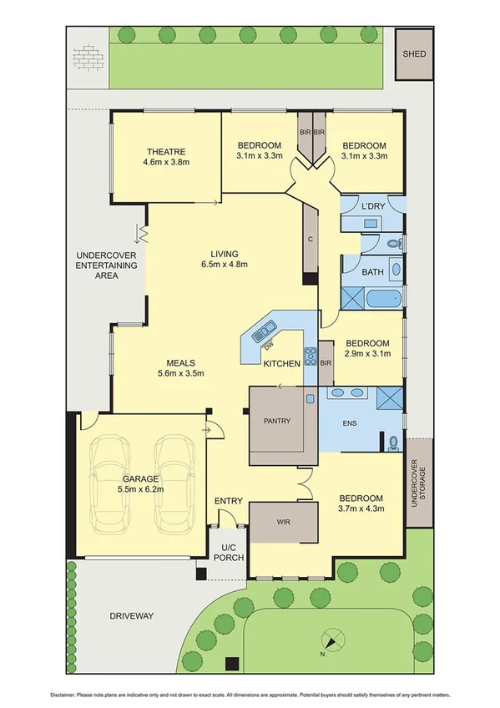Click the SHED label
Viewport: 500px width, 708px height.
pos(415,54)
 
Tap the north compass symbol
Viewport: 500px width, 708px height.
pos(332,643)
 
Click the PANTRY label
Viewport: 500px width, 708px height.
pos(276,421)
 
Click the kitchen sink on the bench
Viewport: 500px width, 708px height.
pos(268,327)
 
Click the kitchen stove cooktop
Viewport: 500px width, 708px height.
pos(311,356)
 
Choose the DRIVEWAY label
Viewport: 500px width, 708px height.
pos(132,615)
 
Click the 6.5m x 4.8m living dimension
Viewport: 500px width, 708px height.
pos(225,265)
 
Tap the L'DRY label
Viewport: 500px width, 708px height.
pos(371,205)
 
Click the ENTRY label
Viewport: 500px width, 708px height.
pos(228,501)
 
